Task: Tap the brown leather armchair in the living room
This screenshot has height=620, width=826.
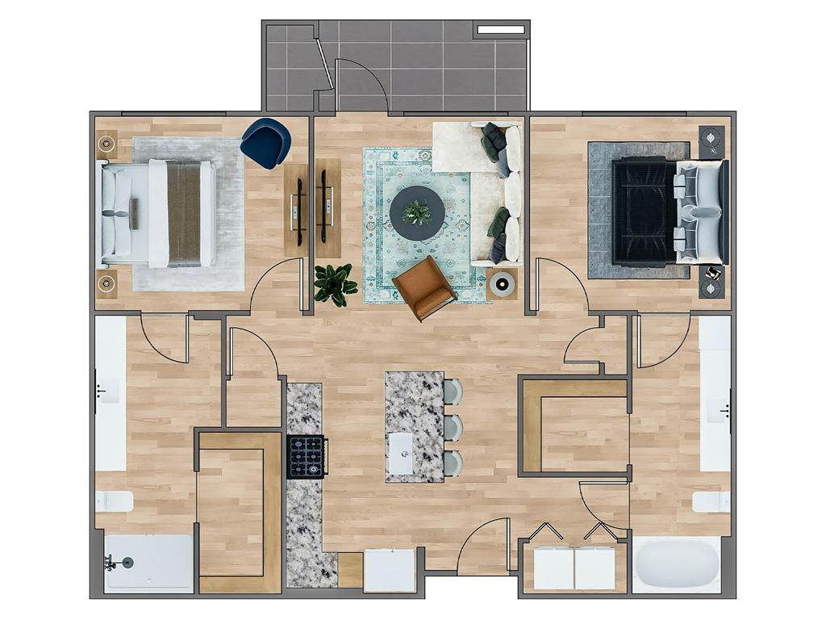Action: pyautogui.click(x=424, y=288)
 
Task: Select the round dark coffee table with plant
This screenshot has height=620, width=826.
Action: pyautogui.click(x=416, y=213)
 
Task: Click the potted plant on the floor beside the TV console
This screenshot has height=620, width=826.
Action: pyautogui.click(x=335, y=284)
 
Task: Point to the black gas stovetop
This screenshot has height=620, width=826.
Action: pyautogui.click(x=307, y=456)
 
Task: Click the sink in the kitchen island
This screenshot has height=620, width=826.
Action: pyautogui.click(x=400, y=453)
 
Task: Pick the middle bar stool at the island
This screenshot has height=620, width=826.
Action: pyautogui.click(x=453, y=427)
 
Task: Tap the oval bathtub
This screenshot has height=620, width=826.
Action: pyautogui.click(x=676, y=563)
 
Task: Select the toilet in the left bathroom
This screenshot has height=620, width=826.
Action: pyautogui.click(x=115, y=501)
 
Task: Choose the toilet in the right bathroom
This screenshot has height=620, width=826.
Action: pyautogui.click(x=711, y=501)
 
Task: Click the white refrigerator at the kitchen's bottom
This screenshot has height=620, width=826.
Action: pyautogui.click(x=390, y=570)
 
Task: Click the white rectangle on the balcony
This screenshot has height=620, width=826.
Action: pyautogui.click(x=500, y=30)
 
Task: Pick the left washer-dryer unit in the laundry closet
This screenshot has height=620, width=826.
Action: pyautogui.click(x=553, y=568)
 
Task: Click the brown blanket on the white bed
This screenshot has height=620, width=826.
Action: pyautogui.click(x=184, y=212)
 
